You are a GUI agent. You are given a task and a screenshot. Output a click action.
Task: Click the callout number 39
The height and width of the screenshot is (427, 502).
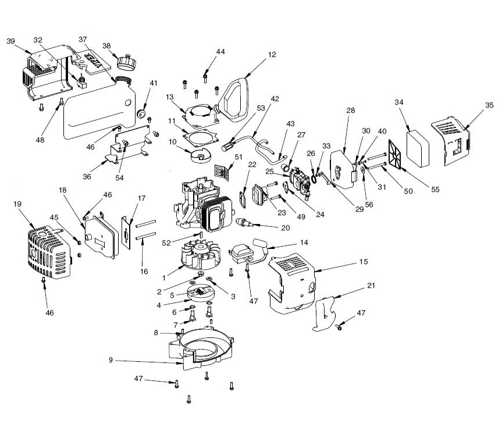pos(10,41)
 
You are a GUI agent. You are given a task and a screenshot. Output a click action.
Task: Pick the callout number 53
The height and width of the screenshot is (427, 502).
pos(260,108)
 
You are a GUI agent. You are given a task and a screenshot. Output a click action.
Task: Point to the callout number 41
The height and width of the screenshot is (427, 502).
pos(154,83)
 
